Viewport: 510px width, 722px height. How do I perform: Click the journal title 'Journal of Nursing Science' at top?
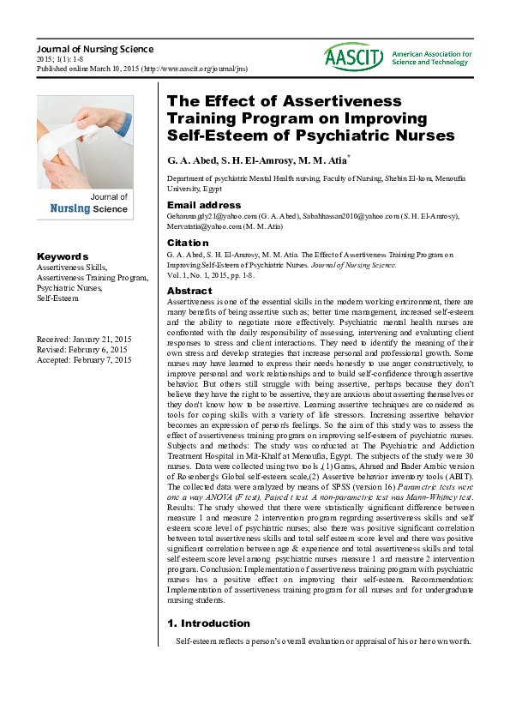point(95,49)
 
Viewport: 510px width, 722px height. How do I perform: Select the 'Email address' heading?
point(204,206)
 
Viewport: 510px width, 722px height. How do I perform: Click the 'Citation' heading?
point(189,243)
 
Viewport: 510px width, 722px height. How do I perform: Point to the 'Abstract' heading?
point(189,292)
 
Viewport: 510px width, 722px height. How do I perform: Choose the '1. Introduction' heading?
point(208,623)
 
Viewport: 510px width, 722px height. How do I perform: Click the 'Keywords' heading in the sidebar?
point(62,256)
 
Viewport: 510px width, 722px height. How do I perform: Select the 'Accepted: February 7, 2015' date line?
point(84,361)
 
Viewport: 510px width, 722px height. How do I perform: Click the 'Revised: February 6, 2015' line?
point(81,351)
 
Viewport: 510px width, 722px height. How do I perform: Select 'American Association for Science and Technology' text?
point(431,58)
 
